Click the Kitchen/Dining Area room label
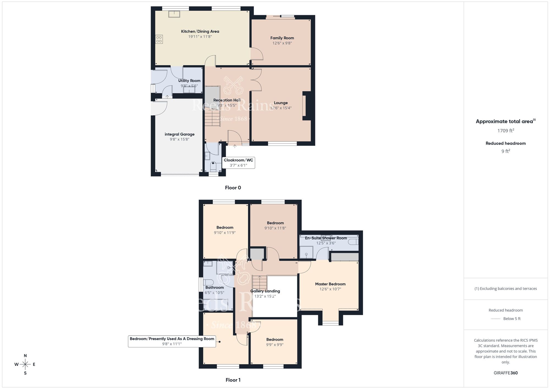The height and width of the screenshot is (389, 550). tap(200, 31)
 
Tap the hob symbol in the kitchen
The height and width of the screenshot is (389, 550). tap(159, 39)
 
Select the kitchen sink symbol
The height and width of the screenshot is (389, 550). tap(174, 14)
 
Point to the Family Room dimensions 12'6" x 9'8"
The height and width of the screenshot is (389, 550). tap(282, 43)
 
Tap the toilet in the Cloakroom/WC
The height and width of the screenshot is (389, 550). tap(213, 167)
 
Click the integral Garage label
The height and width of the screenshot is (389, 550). tap(179, 134)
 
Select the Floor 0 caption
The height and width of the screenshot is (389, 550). tap(233, 188)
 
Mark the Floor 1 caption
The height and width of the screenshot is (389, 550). tap(233, 380)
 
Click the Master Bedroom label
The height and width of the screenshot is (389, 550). tap(330, 284)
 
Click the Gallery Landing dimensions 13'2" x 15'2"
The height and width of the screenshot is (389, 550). tap(265, 296)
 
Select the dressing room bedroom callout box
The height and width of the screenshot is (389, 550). tap(172, 341)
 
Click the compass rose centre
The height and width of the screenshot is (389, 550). tap(25, 365)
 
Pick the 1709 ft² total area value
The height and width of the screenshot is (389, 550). tap(505, 131)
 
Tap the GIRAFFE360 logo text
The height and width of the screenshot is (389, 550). tap(505, 373)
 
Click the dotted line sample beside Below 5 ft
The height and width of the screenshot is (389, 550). tap(495, 319)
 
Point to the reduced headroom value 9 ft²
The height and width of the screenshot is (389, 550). tap(505, 151)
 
